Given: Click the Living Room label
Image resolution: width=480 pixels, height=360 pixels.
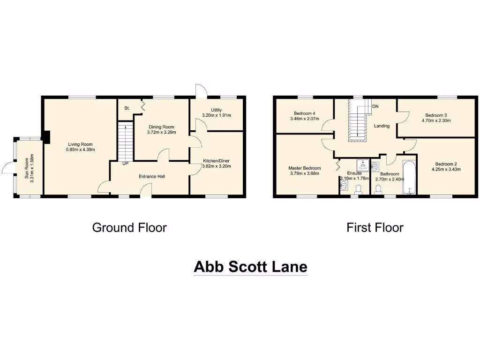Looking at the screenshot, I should (x=80, y=144).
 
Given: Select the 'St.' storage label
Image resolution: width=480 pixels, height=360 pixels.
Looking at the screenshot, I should (x=127, y=108).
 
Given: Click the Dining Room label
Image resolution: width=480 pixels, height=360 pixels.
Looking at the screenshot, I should (x=161, y=127).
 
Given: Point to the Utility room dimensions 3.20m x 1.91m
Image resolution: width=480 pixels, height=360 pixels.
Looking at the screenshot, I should (x=217, y=115).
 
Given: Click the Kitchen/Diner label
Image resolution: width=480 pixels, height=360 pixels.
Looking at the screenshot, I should (x=216, y=160).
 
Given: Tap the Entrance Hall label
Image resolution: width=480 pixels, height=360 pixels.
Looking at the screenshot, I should (x=151, y=176).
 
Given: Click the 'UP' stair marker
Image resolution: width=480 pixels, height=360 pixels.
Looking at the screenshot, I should (x=125, y=164).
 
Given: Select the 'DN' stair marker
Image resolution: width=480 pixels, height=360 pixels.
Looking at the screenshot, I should (x=375, y=107).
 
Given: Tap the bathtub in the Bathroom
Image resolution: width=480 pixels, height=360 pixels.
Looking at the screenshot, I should (x=409, y=178).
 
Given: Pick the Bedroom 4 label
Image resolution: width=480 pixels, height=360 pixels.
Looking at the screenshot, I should (x=304, y=113).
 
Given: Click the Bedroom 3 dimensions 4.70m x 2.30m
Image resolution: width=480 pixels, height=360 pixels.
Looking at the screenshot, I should (x=436, y=120).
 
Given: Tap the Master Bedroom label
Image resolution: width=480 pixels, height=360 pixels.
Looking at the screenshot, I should (x=305, y=168).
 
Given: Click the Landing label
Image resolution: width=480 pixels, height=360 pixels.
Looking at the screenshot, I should (x=382, y=126).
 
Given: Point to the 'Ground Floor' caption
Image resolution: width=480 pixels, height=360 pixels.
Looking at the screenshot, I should (x=129, y=228).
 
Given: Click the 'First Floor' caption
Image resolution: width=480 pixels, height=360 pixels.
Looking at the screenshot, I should (x=375, y=228).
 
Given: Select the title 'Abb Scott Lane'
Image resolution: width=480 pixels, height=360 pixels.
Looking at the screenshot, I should (x=251, y=267).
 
